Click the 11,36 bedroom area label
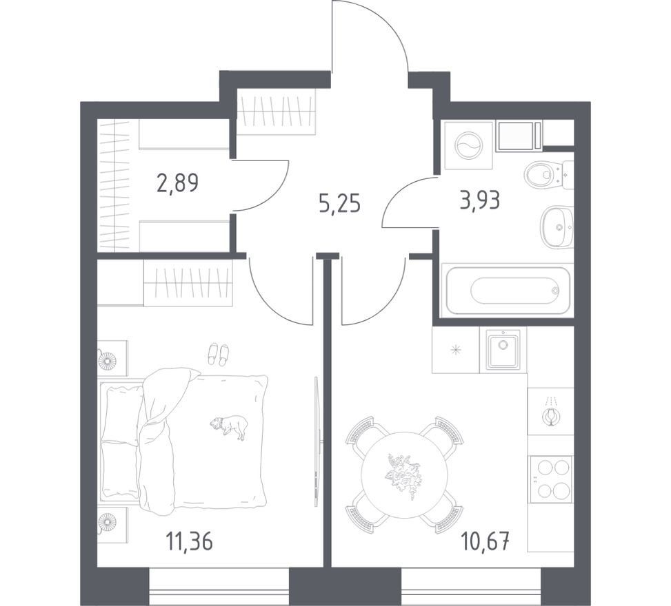[x=189, y=543]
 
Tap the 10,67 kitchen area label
[x=485, y=543]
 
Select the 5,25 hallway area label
[x=340, y=205]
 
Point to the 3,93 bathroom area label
[x=480, y=200]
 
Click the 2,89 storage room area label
[x=178, y=183]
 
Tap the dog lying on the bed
[x=229, y=426]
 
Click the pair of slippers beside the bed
[x=218, y=354]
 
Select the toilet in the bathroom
[x=548, y=175]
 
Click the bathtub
[x=508, y=290]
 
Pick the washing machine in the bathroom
[x=468, y=145]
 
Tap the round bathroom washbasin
[x=557, y=227]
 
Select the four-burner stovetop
[x=551, y=479]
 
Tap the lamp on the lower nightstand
[x=107, y=521]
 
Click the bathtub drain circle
[x=555, y=291]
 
